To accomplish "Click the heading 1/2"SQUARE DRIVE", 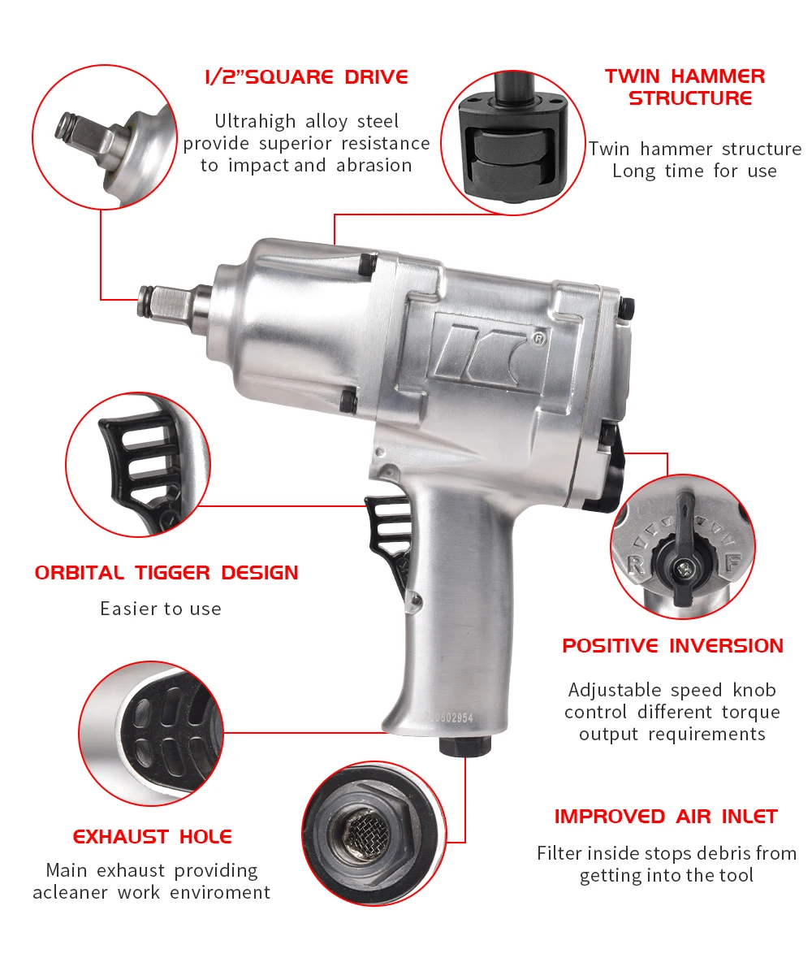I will [306, 77].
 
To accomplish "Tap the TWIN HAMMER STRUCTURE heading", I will [685, 87].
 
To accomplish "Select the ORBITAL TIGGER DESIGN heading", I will [166, 572].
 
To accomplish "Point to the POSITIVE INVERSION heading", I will [672, 646].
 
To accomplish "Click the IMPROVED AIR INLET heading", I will [666, 816].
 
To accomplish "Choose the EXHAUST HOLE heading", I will [153, 836].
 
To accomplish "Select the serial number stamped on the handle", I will [447, 718].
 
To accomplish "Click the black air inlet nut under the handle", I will [464, 745].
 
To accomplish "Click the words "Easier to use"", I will [161, 609].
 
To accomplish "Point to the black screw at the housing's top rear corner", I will [627, 305].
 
